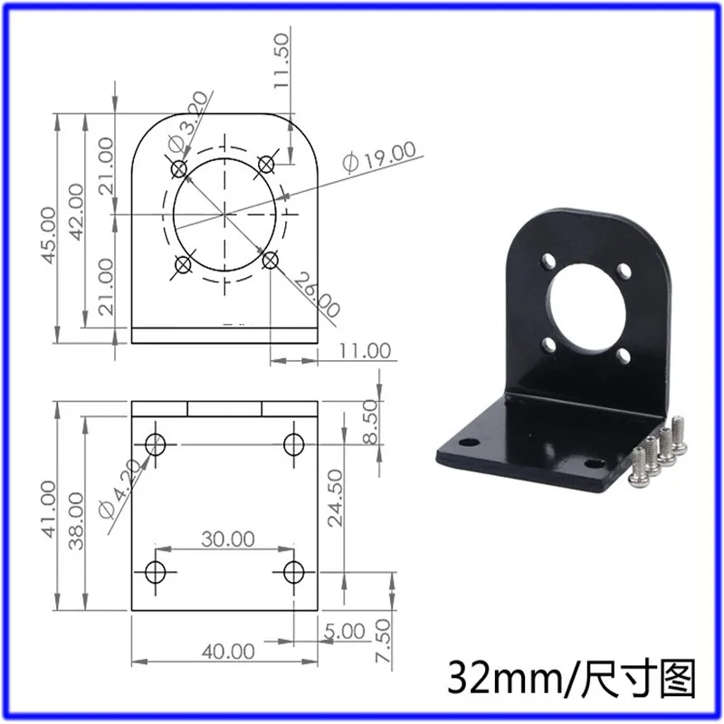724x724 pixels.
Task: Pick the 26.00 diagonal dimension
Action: point(318,296)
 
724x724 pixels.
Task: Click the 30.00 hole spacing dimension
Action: point(227,539)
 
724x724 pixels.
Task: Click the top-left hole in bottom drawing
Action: point(156,444)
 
